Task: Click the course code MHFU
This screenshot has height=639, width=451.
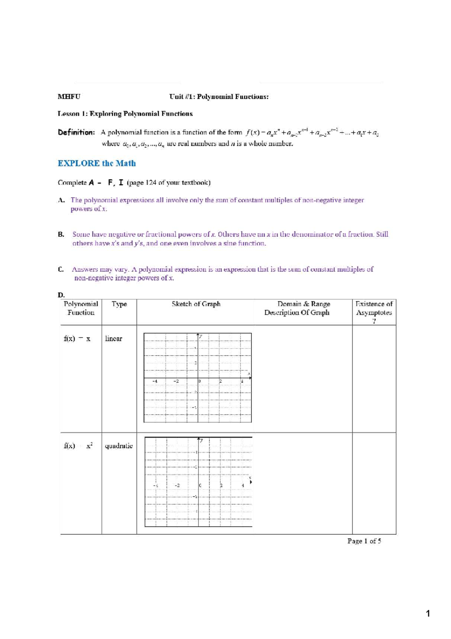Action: pos(69,97)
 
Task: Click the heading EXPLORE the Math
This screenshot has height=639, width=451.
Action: pos(97,163)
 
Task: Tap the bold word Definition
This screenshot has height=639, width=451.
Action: pos(76,132)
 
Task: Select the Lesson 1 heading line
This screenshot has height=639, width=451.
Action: pos(125,114)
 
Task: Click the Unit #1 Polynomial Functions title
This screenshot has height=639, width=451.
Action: pos(219,97)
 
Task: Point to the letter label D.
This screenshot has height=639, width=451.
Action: pos(61,295)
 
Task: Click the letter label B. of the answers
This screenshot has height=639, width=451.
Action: pos(61,234)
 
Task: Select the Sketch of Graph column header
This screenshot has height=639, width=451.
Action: pos(196,304)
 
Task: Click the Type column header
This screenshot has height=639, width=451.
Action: pos(119,304)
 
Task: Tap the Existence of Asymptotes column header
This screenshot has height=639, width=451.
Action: pos(374,312)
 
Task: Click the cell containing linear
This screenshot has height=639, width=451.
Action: pos(114,339)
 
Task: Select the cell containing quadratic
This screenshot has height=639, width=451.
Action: pos(119,446)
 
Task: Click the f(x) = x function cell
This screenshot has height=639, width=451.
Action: pos(77,339)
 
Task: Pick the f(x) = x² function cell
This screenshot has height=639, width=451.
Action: pos(78,446)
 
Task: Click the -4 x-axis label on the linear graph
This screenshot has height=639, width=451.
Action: pos(154,381)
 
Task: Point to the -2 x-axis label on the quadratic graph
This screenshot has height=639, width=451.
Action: pos(177,485)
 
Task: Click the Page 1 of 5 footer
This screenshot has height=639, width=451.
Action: pos(364,541)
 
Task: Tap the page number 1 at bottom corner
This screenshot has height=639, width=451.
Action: pos(428,614)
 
